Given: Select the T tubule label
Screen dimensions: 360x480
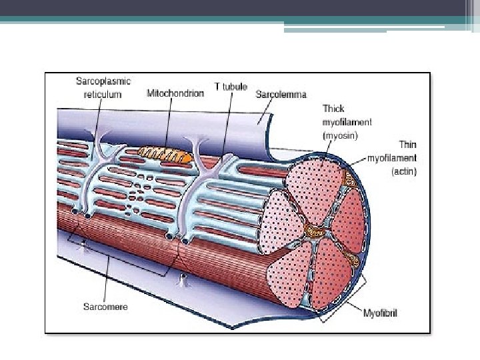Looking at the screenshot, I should click(231, 87).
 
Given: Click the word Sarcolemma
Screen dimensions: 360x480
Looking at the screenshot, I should click(281, 95).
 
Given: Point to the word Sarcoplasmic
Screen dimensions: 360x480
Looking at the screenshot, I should click(103, 81).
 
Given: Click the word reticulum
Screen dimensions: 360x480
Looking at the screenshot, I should click(103, 95).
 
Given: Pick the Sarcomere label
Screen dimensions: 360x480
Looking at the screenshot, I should click(105, 307).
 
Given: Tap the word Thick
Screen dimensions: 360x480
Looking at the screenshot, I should click(333, 109).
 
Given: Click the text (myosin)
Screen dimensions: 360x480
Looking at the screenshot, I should click(341, 135).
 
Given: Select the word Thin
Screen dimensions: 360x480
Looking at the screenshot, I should click(407, 144).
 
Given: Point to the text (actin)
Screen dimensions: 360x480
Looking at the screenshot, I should click(403, 171).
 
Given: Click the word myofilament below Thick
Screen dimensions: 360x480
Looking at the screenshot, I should click(347, 122).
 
